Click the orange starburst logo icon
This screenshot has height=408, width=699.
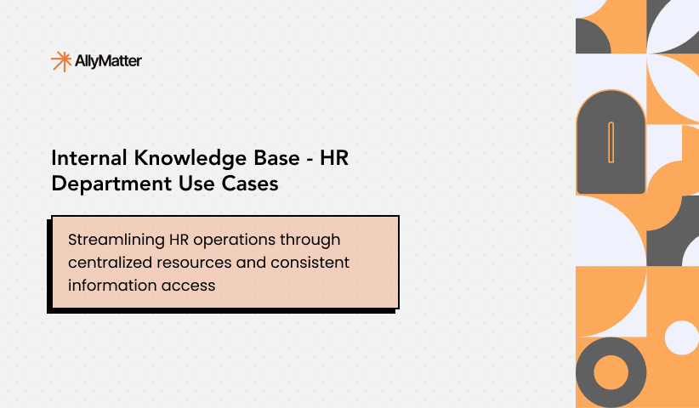(61, 61)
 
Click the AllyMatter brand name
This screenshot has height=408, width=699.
(109, 61)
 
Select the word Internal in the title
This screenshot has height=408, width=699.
(86, 158)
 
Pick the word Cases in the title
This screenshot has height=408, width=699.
(253, 183)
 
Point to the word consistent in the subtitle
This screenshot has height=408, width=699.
(311, 263)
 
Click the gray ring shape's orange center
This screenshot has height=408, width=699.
(611, 372)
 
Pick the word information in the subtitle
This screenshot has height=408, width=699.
(111, 286)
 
